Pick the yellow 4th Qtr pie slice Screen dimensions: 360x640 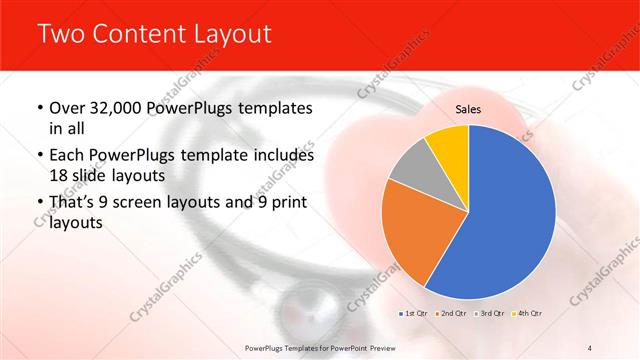(447, 145)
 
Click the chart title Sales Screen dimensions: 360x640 (468, 108)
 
